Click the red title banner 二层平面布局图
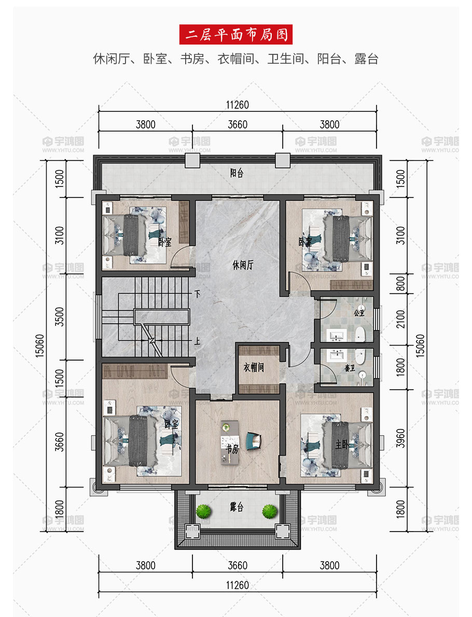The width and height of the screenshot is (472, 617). pos(235,35)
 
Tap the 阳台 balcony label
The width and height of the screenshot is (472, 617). pos(237,173)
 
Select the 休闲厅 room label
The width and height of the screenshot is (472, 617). pos(243,265)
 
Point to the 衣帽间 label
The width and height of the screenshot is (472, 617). pos(254,367)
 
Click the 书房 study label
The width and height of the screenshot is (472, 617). pos(232,449)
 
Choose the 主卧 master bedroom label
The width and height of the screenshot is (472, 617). pos(342,444)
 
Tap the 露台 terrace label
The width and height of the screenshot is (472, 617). pos(237,507)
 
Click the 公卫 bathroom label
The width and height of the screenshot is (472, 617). pos(359,313)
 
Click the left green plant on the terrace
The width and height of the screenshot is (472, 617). pos(204,511)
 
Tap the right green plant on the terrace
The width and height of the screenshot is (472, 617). pos(270,511)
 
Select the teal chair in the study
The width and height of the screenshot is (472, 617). pos(254,441)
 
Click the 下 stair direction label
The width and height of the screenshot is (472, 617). pos(198,294)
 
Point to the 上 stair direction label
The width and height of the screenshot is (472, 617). pos(197,341)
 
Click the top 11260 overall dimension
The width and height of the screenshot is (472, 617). pos(237,105)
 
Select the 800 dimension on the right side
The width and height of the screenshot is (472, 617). pos(400,284)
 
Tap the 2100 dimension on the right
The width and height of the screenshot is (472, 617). pos(400,319)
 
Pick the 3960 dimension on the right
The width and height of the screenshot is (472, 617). pos(400,438)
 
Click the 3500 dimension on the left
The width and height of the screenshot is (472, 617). pos(59,317)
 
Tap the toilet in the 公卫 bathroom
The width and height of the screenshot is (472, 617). pos(360,334)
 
